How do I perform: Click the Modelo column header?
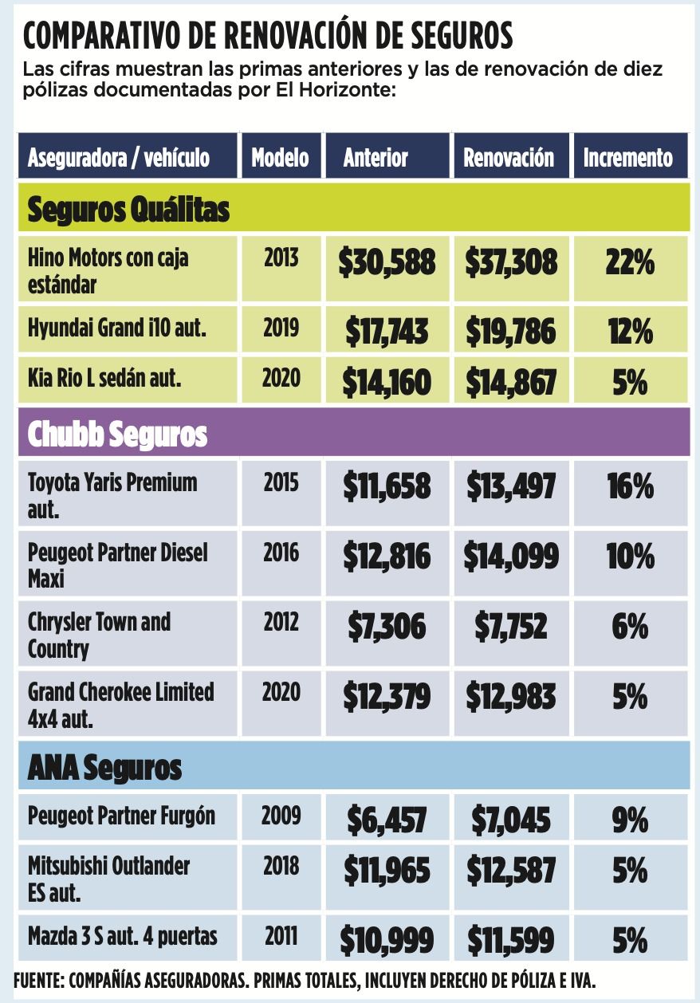[x=280, y=158]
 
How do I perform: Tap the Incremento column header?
[x=628, y=158]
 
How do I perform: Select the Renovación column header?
[x=509, y=158]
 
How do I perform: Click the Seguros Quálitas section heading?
[x=128, y=209]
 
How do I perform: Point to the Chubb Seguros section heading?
[x=117, y=434]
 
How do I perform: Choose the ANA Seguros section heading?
[x=104, y=768]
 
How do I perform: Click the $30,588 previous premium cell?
[x=387, y=262]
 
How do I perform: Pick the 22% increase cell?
[x=630, y=262]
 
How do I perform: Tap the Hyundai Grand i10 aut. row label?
[x=117, y=328]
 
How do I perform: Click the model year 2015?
[x=281, y=482]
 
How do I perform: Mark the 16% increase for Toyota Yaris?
[x=630, y=486]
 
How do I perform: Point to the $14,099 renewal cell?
[x=511, y=557]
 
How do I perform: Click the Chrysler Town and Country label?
[x=99, y=635]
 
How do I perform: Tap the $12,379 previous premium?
[x=387, y=696]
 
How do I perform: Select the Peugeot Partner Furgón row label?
[x=121, y=816]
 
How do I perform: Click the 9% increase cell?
[x=630, y=820]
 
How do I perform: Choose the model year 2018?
[x=281, y=866]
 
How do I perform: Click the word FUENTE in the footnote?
[x=39, y=980]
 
